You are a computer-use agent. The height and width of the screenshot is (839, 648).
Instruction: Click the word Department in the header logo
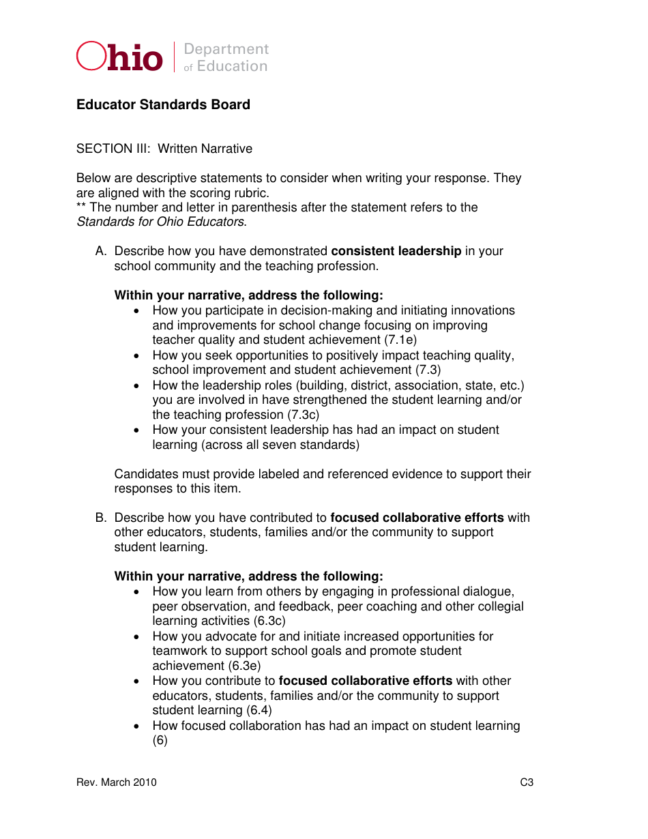pyautogui.click(x=226, y=49)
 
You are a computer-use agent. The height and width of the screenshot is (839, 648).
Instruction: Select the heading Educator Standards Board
pyautogui.click(x=163, y=104)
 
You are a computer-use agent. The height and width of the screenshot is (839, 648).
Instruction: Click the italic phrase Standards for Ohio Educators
pyautogui.click(x=160, y=222)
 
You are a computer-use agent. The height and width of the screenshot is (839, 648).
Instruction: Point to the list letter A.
pyautogui.click(x=101, y=251)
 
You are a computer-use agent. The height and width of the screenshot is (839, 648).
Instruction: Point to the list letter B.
pyautogui.click(x=101, y=518)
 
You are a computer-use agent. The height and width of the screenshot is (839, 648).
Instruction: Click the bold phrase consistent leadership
pyautogui.click(x=396, y=251)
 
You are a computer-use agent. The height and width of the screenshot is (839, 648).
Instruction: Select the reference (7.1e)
pyautogui.click(x=400, y=340)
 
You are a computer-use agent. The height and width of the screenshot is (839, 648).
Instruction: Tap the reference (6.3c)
pyautogui.click(x=269, y=621)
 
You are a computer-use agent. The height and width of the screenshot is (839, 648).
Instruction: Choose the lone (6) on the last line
pyautogui.click(x=160, y=740)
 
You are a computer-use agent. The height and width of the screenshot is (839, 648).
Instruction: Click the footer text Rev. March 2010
pyautogui.click(x=117, y=782)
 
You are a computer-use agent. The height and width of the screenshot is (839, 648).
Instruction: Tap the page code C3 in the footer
pyautogui.click(x=527, y=782)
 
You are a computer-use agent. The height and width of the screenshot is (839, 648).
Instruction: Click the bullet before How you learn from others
pyautogui.click(x=138, y=592)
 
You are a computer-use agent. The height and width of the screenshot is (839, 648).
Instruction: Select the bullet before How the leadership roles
pyautogui.click(x=138, y=385)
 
